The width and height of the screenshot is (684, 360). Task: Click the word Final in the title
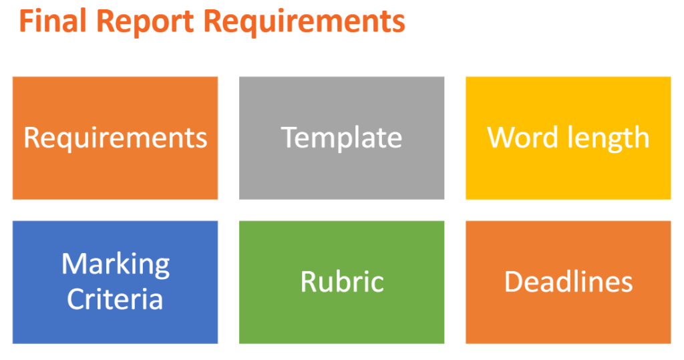coord(53,21)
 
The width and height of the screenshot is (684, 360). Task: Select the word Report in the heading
coord(145,23)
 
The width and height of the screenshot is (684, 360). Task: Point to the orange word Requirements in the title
coord(305,23)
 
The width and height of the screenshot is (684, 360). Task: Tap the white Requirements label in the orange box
coord(115,138)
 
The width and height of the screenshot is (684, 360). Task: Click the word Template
coord(341,138)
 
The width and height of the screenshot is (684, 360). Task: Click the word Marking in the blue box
coord(116,265)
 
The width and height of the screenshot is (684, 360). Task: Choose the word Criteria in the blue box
coord(115,299)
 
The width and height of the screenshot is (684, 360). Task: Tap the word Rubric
coord(342,281)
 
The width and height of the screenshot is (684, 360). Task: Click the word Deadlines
coord(568,281)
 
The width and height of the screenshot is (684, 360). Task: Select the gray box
coord(341,138)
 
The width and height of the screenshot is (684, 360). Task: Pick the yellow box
coord(568,138)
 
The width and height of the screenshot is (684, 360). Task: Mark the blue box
coord(115,283)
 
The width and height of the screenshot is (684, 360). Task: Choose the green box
coord(341,283)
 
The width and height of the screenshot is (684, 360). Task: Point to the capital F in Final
coord(27,21)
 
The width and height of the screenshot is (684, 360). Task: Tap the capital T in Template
coord(289,138)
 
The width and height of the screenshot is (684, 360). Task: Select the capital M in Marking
coord(74,264)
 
